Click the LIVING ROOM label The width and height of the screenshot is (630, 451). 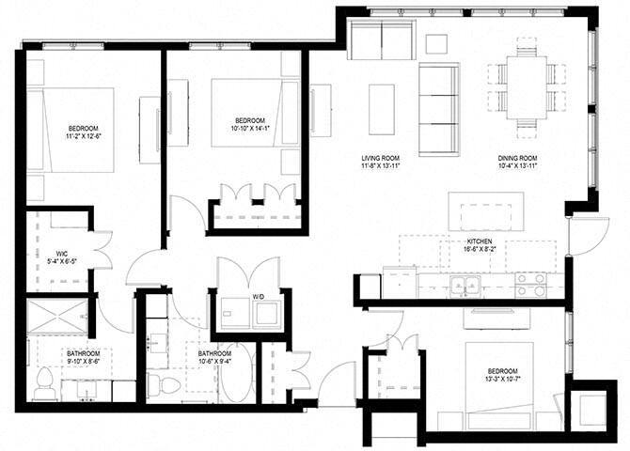[x=381, y=158]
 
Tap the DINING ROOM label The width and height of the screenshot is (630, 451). [x=517, y=158]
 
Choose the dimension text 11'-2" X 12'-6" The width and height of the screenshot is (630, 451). [x=82, y=136]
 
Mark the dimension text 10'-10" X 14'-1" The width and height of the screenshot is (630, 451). [x=248, y=130]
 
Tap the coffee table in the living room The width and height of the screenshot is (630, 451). [x=382, y=110]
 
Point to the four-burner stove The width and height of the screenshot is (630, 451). [x=531, y=285]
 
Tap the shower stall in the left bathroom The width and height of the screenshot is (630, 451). [x=55, y=319]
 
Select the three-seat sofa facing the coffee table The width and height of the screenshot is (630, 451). [x=438, y=110]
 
